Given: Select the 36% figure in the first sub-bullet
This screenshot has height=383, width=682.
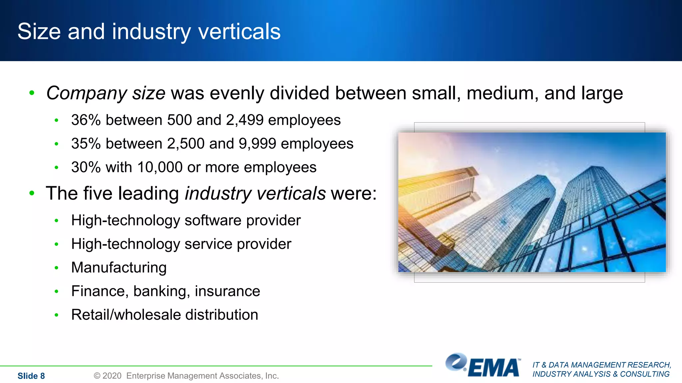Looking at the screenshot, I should point(86,120).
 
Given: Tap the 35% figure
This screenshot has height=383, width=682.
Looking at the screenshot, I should point(86,144).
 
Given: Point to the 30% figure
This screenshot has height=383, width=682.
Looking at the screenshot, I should point(86,167).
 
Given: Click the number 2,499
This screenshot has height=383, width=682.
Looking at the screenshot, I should point(245,120).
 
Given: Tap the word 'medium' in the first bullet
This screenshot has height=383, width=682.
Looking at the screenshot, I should point(503,93).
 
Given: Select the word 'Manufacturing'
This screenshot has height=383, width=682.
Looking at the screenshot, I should point(119,268).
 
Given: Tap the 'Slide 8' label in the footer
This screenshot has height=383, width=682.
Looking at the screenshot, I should point(31,376).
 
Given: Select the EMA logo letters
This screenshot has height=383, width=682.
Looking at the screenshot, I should point(494,368).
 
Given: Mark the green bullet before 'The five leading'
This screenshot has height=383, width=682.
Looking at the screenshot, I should point(32,193).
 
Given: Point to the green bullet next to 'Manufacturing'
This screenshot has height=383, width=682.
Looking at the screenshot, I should point(57,268).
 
